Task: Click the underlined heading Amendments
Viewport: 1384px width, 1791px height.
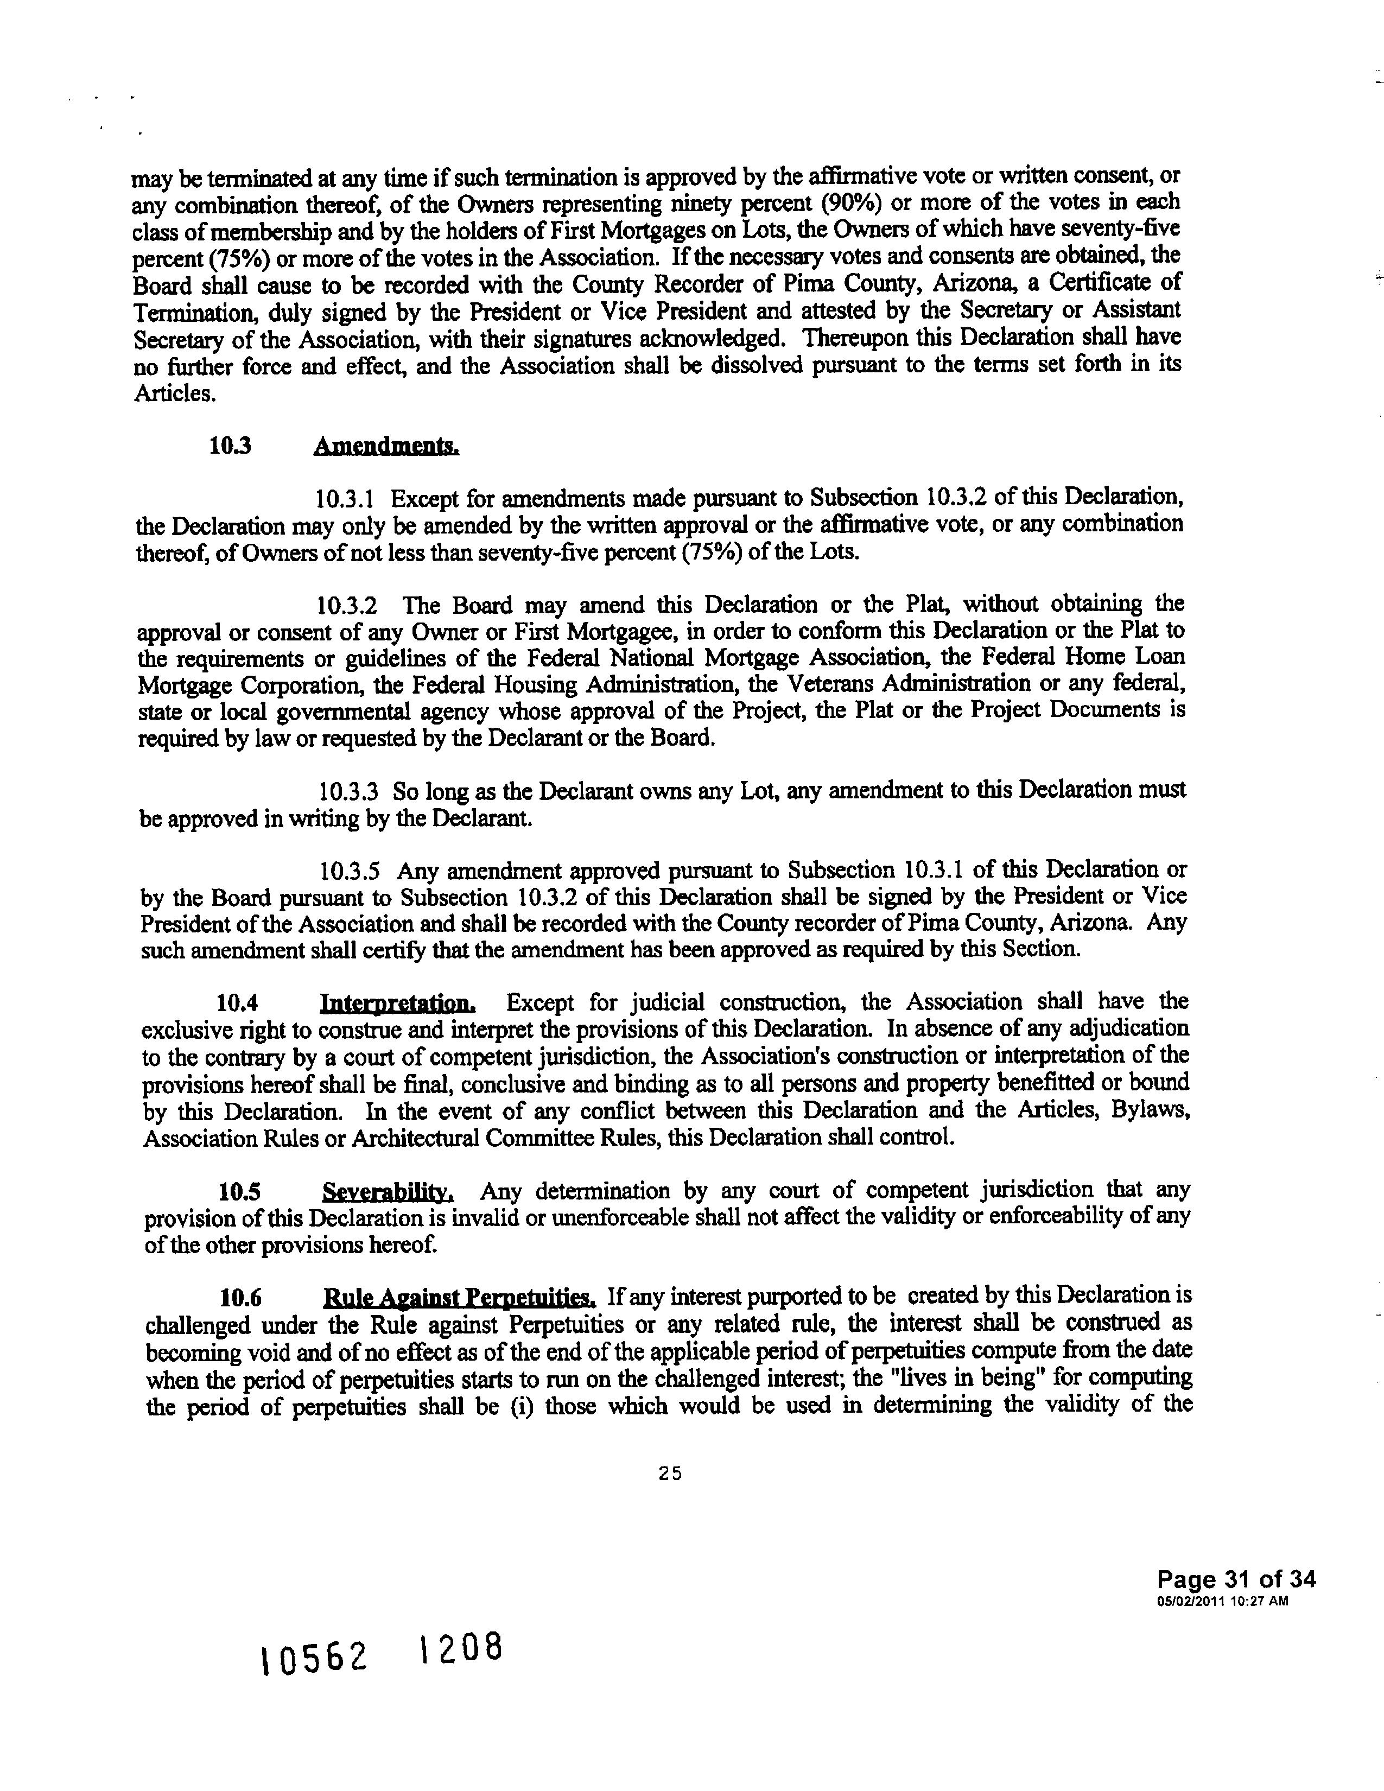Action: (386, 446)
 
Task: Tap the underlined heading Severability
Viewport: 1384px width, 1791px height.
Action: (389, 1191)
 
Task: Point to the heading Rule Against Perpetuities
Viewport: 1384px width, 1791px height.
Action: (460, 1297)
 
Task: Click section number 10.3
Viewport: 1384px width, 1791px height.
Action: (230, 446)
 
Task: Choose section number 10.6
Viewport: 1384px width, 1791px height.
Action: (240, 1298)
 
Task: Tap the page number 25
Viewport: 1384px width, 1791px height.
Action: (670, 1474)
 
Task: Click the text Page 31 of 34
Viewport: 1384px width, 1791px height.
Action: (1236, 1579)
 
